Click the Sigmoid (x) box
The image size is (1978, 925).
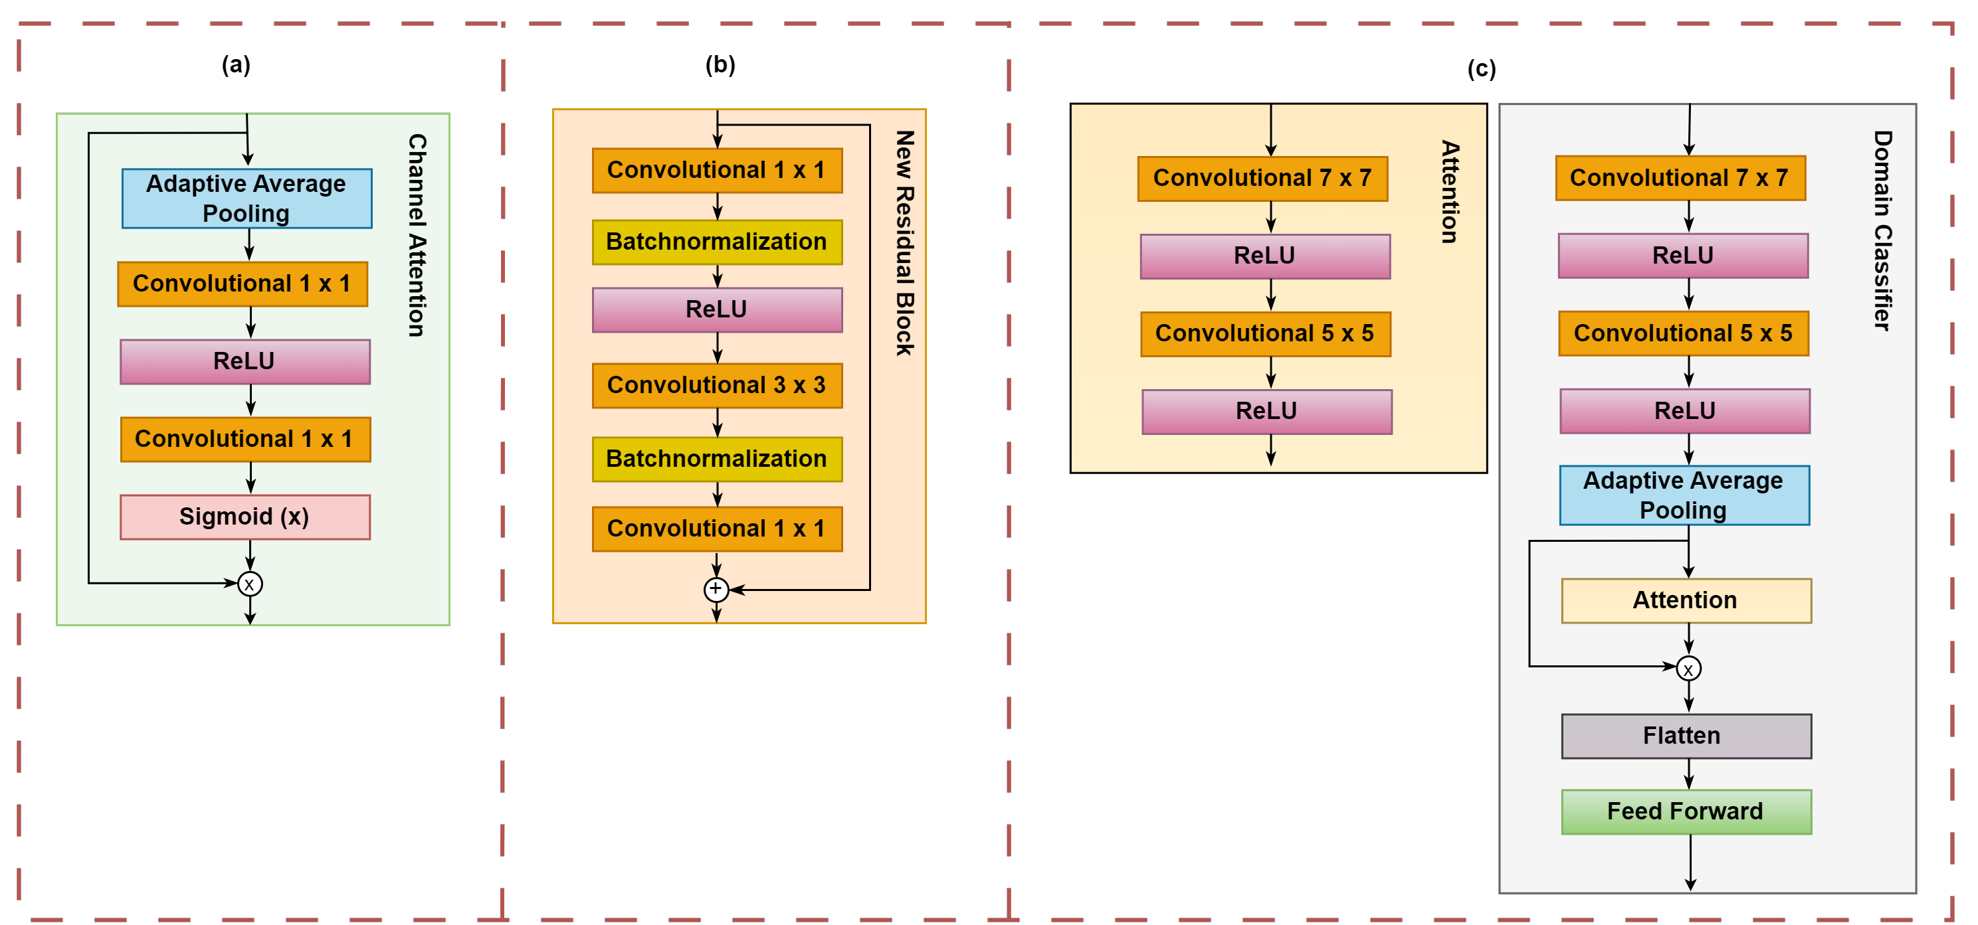pyautogui.click(x=245, y=517)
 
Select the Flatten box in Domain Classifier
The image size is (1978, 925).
pyautogui.click(x=1686, y=735)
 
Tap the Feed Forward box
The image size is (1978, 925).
pyautogui.click(x=1686, y=811)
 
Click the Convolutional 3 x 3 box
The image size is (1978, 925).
pyautogui.click(x=716, y=384)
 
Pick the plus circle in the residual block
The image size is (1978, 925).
pyautogui.click(x=716, y=589)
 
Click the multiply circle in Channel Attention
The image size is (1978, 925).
pyautogui.click(x=250, y=584)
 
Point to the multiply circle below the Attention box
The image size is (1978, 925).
pyautogui.click(x=1688, y=669)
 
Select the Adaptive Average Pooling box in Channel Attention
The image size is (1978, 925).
pyautogui.click(x=247, y=198)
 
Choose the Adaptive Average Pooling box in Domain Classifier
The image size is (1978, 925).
pyautogui.click(x=1684, y=495)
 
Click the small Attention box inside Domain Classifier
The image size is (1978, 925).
pyautogui.click(x=1686, y=600)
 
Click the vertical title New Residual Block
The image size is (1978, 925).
pyautogui.click(x=904, y=242)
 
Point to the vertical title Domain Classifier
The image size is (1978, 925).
pyautogui.click(x=1882, y=230)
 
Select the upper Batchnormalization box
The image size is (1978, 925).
pyautogui.click(x=716, y=242)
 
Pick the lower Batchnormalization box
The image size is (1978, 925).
pyautogui.click(x=716, y=459)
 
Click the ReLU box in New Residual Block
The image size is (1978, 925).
pyautogui.click(x=716, y=309)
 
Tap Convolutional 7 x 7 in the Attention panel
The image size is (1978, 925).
pyautogui.click(x=1262, y=178)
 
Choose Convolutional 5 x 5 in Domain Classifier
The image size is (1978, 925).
pyautogui.click(x=1683, y=333)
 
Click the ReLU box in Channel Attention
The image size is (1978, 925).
pyautogui.click(x=245, y=361)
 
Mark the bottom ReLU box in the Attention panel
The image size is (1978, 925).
pyautogui.click(x=1266, y=412)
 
